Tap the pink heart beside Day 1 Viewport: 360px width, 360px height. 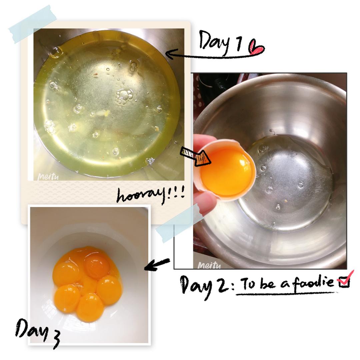click(256, 47)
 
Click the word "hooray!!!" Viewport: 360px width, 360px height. click(151, 195)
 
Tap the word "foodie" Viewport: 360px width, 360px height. click(313, 282)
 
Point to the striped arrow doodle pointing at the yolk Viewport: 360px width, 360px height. click(195, 156)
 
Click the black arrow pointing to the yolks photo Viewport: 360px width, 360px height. click(157, 264)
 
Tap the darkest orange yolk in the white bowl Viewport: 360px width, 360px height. click(97, 267)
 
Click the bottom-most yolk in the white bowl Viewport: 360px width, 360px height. click(90, 308)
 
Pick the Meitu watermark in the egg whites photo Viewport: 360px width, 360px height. click(48, 177)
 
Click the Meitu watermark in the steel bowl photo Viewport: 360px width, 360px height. click(209, 265)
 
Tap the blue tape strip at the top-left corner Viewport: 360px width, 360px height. click(33, 24)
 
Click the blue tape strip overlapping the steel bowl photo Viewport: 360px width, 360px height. click(180, 223)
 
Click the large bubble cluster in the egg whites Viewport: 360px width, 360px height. click(124, 97)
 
